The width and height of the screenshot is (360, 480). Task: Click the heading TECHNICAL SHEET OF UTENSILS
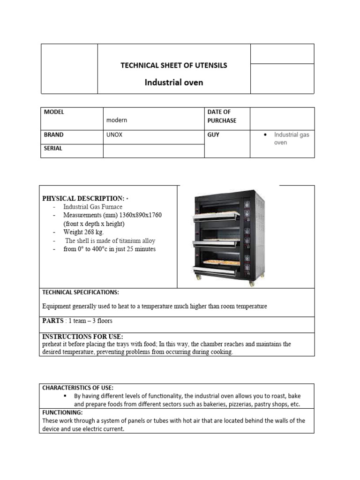173,66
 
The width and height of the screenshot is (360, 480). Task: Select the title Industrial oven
173,82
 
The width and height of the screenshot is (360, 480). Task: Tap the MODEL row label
54,112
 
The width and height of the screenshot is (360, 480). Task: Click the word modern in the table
117,120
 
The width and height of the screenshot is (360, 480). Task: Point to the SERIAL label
53,148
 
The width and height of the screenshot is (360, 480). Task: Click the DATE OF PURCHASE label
222,116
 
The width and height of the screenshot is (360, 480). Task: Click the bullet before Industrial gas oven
265,135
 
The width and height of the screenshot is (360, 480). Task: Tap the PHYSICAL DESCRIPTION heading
83,198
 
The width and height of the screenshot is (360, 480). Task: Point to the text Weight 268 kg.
84,232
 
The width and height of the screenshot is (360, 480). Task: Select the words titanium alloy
136,240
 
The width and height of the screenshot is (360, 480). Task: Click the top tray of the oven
217,213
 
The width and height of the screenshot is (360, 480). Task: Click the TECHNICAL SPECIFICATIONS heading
81,292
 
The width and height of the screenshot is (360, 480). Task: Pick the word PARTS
53,321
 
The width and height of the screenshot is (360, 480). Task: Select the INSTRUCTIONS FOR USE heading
82,337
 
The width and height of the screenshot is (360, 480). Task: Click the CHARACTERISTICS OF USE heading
78,388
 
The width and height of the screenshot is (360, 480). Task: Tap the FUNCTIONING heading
62,412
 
